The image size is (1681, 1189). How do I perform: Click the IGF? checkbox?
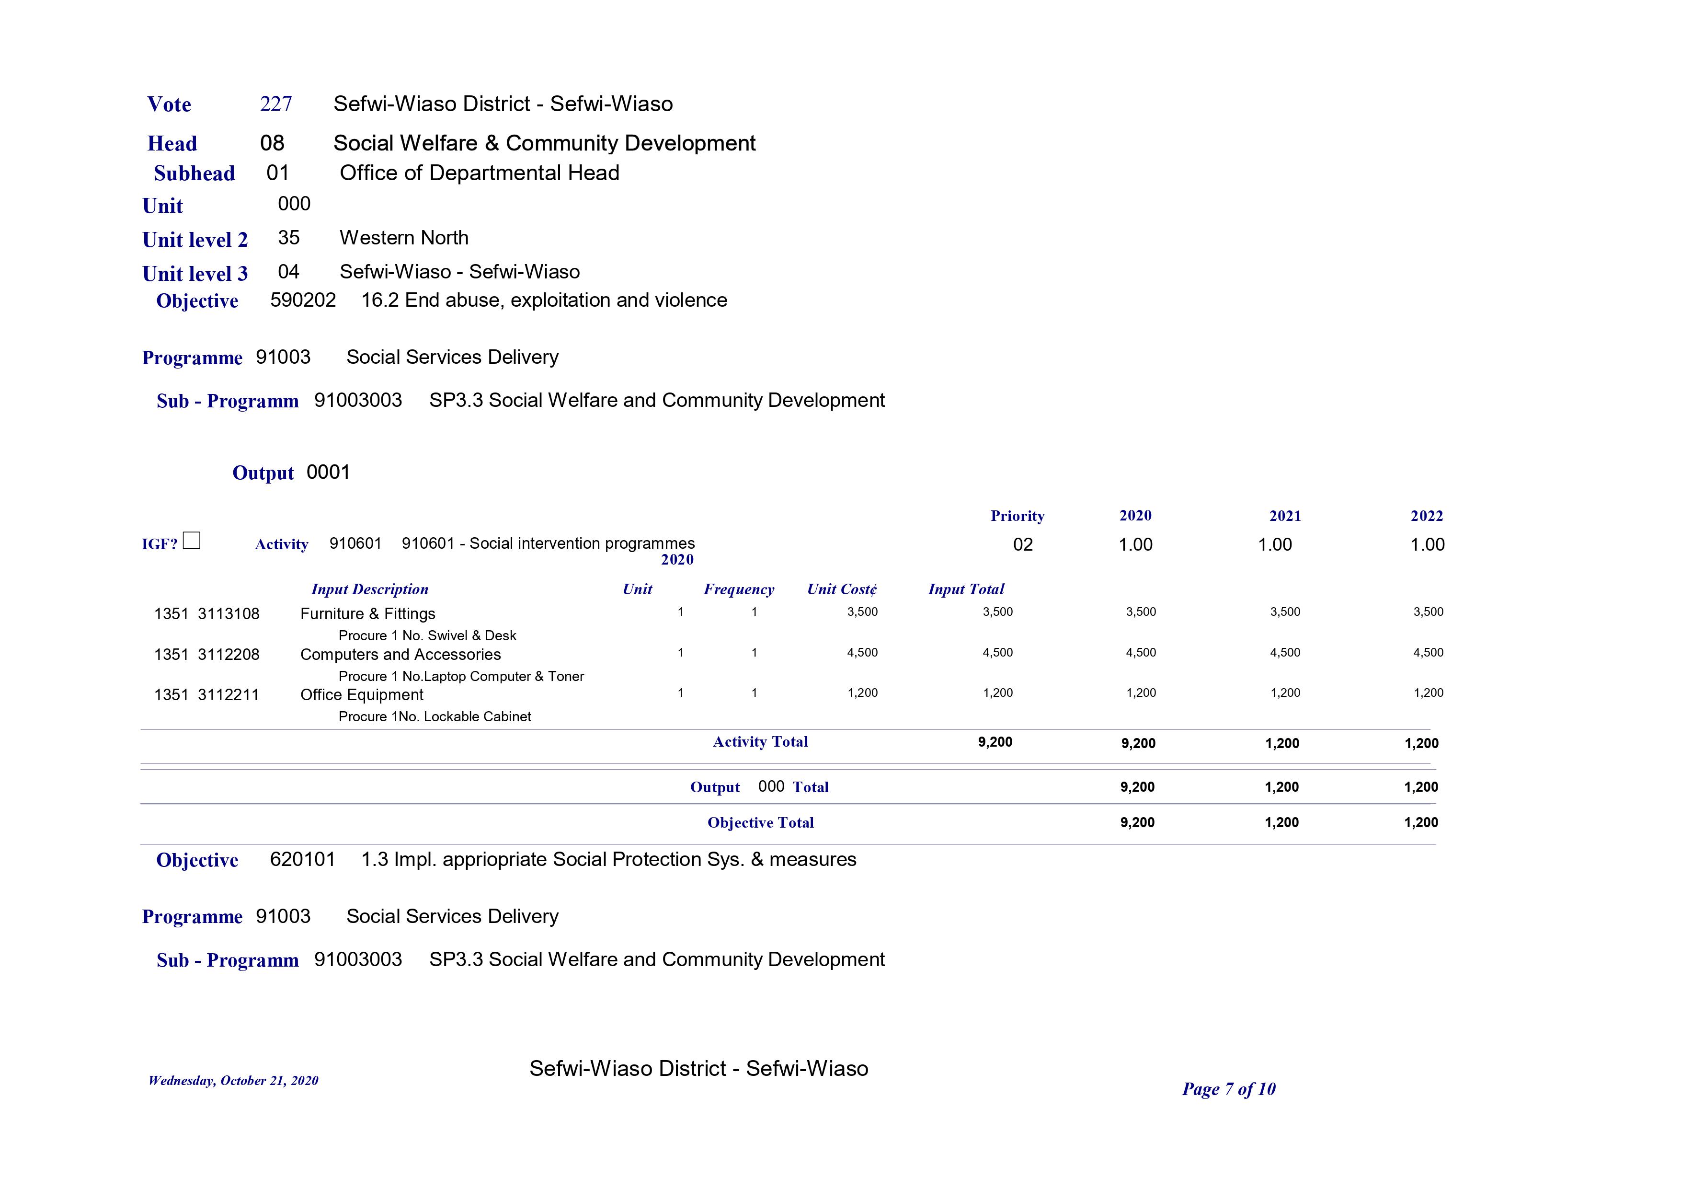click(x=191, y=541)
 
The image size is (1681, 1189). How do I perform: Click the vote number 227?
click(x=276, y=104)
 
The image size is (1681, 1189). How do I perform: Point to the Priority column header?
click(x=1017, y=516)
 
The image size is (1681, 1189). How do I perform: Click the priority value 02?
click(x=1023, y=544)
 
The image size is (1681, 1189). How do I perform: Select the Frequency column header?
click(x=739, y=589)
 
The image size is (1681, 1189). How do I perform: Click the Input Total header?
click(x=966, y=589)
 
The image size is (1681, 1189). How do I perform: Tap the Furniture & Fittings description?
click(x=367, y=614)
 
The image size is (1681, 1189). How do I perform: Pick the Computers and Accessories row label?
click(x=400, y=654)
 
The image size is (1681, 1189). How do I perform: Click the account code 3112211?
click(x=229, y=694)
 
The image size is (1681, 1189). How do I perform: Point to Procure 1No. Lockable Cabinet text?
click(x=435, y=716)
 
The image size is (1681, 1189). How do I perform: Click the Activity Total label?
click(x=760, y=741)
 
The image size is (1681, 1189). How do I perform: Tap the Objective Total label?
click(x=760, y=823)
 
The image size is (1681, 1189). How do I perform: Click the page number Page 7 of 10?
click(x=1229, y=1089)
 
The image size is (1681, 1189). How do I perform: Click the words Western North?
click(x=404, y=238)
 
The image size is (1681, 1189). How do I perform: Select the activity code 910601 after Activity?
click(x=355, y=543)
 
